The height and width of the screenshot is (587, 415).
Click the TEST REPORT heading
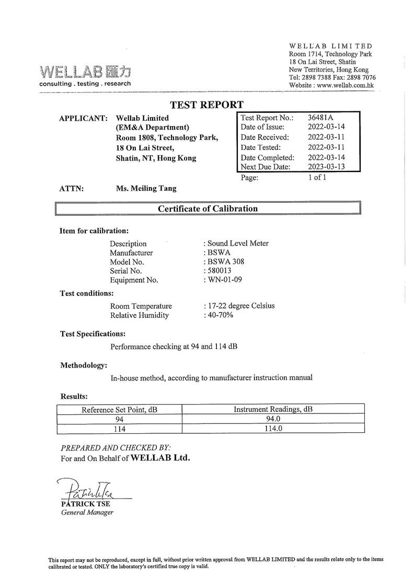pos(207,105)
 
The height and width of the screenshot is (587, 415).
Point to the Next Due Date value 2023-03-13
pos(327,167)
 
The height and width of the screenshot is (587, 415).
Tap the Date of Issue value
pos(327,127)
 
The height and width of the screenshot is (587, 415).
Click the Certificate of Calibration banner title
pos(208,209)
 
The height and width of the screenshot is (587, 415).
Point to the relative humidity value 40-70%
pos(220,315)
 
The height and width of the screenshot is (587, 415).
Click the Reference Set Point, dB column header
pos(120,410)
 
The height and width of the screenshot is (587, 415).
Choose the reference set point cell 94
pos(120,419)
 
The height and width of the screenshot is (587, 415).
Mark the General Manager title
pos(87,512)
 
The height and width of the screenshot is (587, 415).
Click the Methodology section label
pos(84,365)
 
